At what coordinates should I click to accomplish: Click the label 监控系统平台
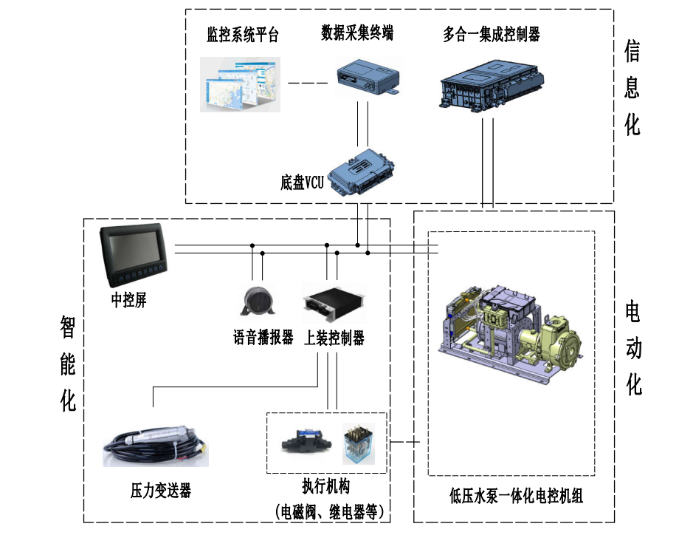pos(243,35)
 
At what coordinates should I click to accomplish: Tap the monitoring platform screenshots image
pos(240,84)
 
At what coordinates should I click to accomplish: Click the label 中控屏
pos(128,301)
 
